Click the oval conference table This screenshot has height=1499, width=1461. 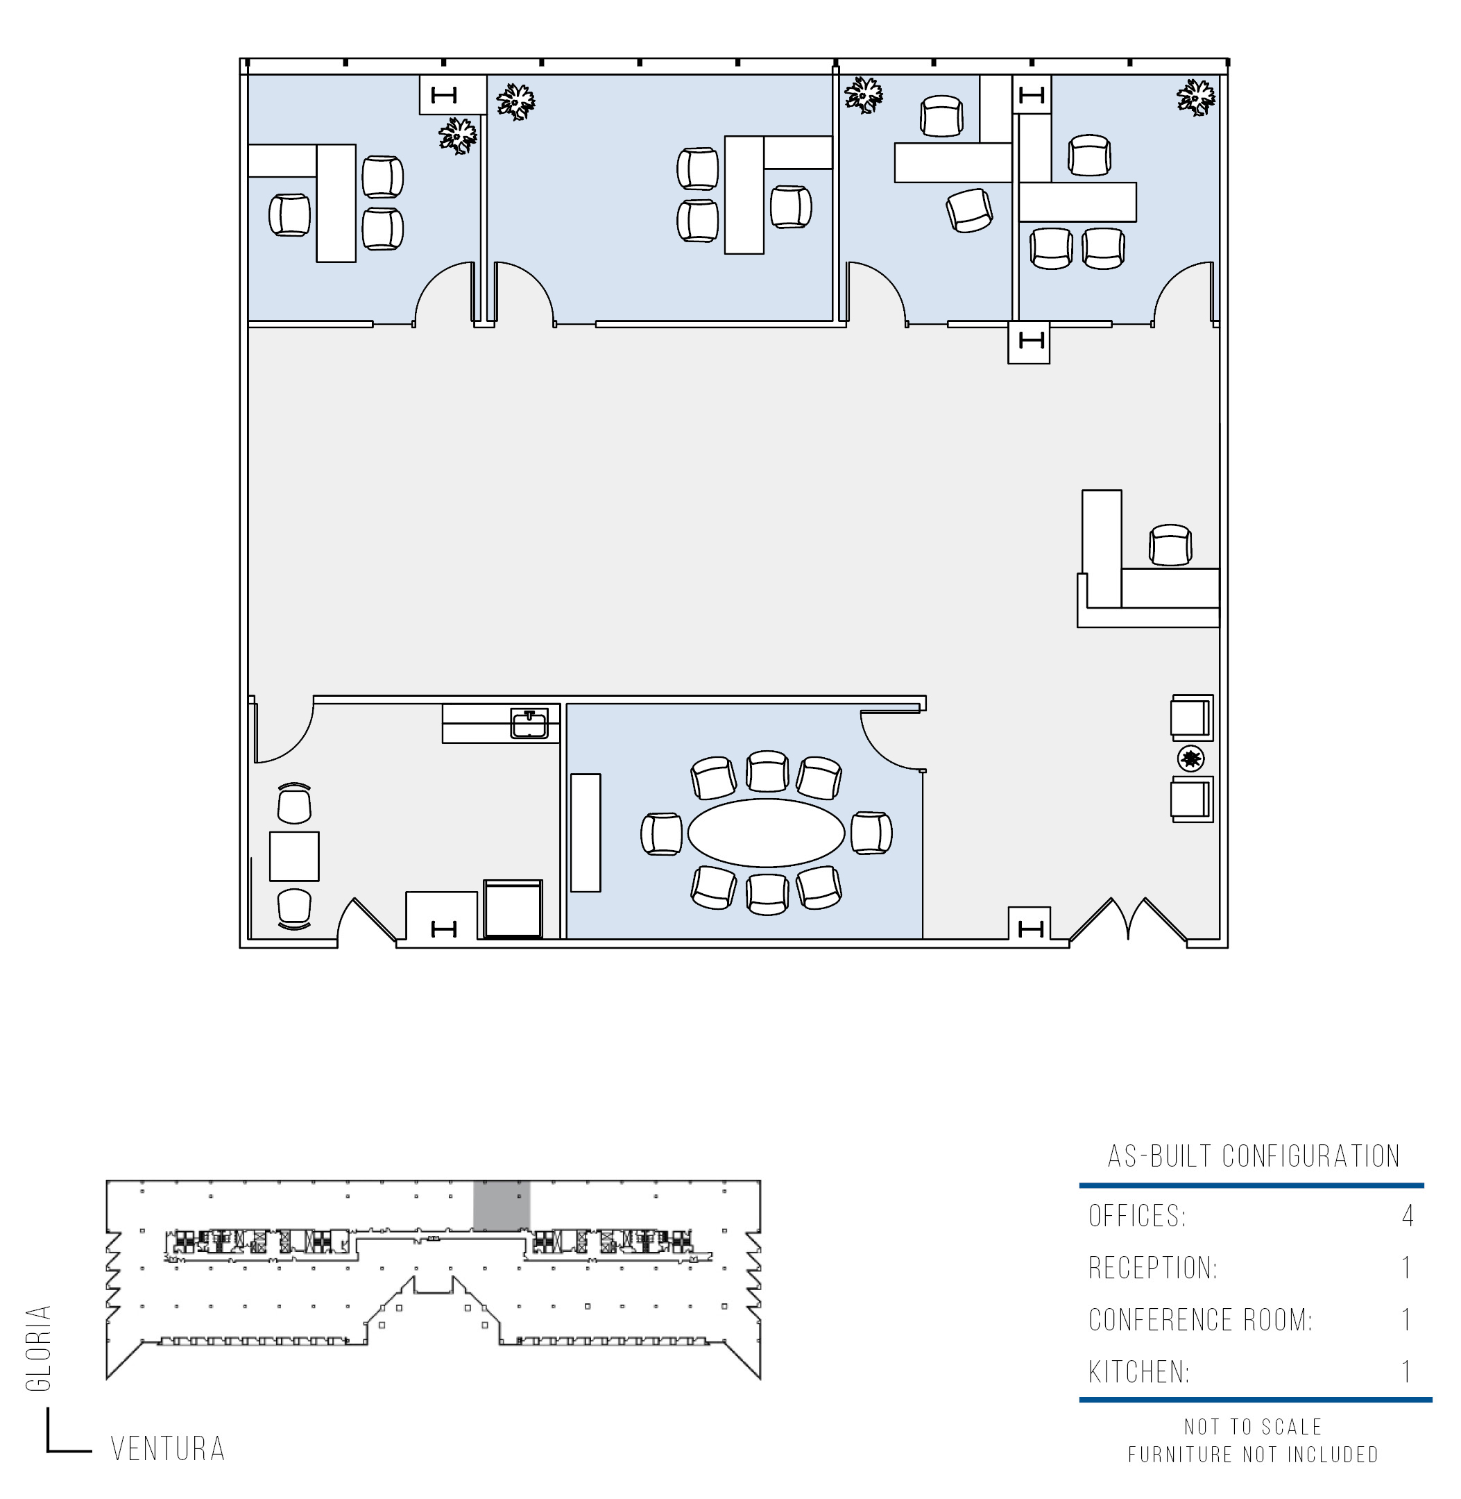[x=766, y=833]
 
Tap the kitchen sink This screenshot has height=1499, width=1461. [x=529, y=724]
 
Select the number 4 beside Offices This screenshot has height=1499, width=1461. [x=1408, y=1216]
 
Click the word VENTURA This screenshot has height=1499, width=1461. [x=168, y=1448]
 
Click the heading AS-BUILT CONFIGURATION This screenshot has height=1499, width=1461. [x=1254, y=1156]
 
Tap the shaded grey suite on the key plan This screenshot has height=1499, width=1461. [x=501, y=1206]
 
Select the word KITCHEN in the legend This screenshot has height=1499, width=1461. [x=1138, y=1371]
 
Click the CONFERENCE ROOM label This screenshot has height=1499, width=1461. [x=1201, y=1319]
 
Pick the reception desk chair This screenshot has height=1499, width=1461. [x=1170, y=545]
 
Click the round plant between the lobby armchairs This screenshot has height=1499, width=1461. [x=1191, y=759]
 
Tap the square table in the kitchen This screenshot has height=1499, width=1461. [x=294, y=856]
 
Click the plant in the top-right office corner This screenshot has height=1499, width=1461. [x=1195, y=96]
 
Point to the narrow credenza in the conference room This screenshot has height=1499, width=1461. [x=586, y=833]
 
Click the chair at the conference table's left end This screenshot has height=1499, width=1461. [x=661, y=833]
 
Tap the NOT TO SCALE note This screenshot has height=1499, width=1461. [x=1253, y=1427]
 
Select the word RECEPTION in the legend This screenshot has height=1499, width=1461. [x=1152, y=1267]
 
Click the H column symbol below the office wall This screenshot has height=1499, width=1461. [x=1029, y=341]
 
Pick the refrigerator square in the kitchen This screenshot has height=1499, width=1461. [x=513, y=908]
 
